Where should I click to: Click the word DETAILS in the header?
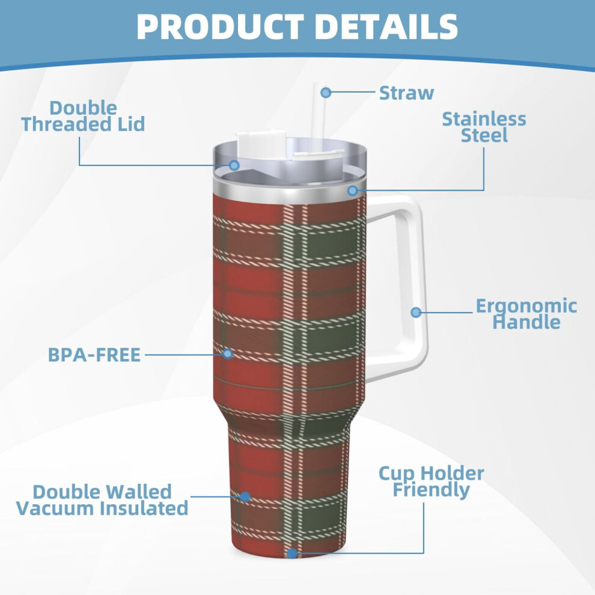[386, 26]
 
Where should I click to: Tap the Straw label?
[406, 93]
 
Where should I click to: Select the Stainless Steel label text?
[484, 127]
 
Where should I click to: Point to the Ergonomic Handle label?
[526, 314]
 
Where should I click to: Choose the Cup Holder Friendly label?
[432, 481]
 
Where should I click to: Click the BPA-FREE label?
[94, 355]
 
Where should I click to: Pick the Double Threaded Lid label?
[83, 116]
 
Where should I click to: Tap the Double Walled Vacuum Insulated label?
[102, 500]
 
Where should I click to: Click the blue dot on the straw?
[326, 92]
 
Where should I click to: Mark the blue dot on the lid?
[234, 165]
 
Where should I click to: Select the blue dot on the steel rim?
[353, 190]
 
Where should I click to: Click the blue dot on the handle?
[416, 313]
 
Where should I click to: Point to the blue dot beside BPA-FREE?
[227, 353]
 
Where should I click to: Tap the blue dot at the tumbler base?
[291, 553]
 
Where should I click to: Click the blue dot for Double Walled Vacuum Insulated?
[245, 496]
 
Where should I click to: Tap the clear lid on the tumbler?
[290, 159]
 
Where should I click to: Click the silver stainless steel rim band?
[290, 192]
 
